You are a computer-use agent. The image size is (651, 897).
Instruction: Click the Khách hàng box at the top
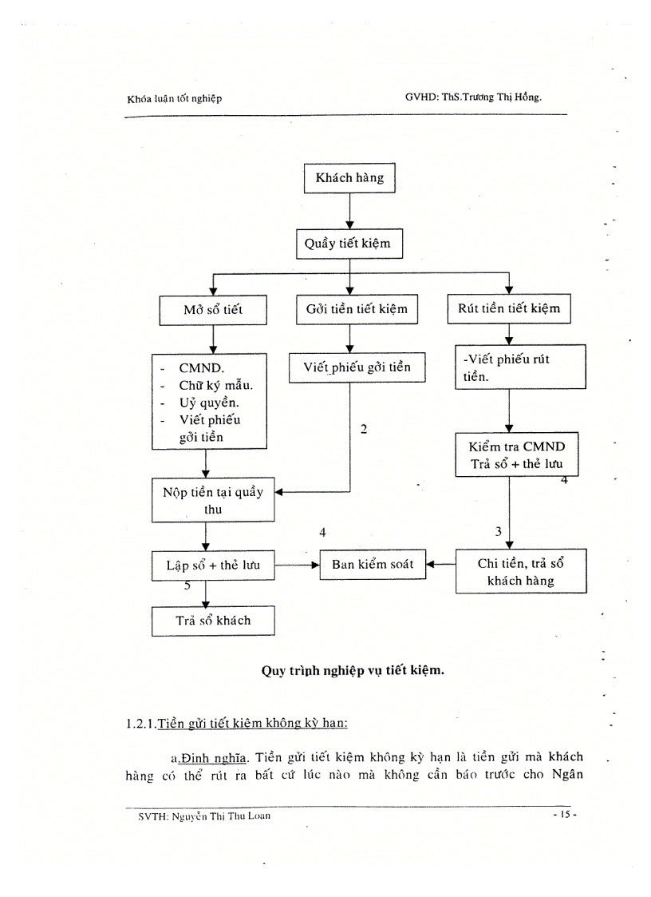(349, 178)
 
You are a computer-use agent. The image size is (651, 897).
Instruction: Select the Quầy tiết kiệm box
(348, 244)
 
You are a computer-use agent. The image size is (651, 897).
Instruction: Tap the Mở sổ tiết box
(212, 310)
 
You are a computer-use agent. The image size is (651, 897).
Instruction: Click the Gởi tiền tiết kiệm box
(357, 309)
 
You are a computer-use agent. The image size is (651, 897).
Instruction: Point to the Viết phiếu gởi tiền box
(357, 367)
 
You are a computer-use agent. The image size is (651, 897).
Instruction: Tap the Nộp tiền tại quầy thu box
(207, 500)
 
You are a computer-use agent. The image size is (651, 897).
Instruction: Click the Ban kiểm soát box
(372, 565)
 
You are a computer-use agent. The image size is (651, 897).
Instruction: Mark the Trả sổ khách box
(213, 620)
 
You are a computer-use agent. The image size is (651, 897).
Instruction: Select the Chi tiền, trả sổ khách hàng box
(520, 571)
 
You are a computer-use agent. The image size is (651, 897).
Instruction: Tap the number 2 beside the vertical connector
(364, 430)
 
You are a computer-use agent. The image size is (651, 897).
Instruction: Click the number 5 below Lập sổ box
(187, 585)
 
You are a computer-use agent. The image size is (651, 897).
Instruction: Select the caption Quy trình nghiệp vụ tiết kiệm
(353, 670)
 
